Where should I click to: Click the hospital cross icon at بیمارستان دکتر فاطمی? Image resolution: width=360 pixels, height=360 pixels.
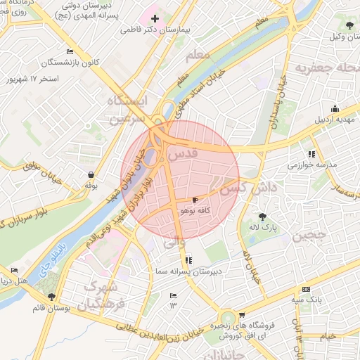pos(155,18)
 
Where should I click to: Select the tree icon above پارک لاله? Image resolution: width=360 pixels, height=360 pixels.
pos(263,217)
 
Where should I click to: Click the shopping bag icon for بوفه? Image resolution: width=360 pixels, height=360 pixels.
pos(91,174)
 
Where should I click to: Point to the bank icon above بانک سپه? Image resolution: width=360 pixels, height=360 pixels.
pos(305,289)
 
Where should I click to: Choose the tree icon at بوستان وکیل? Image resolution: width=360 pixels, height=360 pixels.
pos(350,26)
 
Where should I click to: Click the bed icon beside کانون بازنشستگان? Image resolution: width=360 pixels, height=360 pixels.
pos(69,51)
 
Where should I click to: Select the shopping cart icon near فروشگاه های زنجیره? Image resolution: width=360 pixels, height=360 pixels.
pos(242,315)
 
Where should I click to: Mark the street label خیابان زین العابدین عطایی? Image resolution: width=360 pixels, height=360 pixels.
pos(162,333)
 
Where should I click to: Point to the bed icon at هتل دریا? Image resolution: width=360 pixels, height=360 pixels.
pos(15,271)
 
